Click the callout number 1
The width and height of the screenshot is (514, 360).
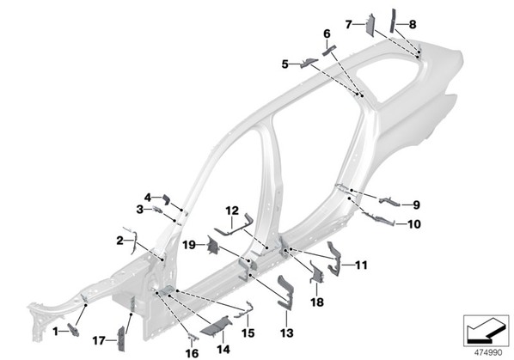[56, 332]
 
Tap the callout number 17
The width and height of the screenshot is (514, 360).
[99, 341]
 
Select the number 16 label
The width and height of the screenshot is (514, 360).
[192, 353]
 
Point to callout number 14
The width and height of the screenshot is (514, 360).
[223, 349]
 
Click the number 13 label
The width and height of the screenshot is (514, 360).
[287, 333]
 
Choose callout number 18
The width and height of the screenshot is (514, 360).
[317, 302]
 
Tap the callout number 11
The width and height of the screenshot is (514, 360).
[361, 265]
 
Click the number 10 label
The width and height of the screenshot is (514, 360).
[414, 224]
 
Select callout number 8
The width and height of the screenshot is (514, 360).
[413, 24]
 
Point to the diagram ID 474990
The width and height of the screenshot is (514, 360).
[488, 353]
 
